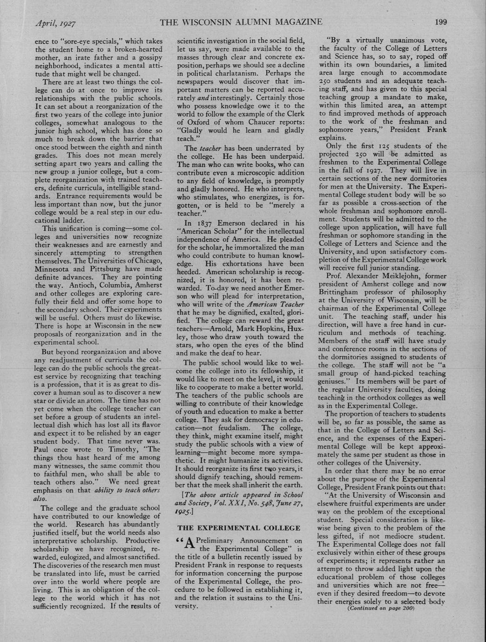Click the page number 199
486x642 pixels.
pyautogui.click(x=440, y=21)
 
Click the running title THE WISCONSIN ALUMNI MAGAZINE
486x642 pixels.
pyautogui.click(x=241, y=22)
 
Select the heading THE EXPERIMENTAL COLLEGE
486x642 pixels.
pyautogui.click(x=237, y=528)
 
